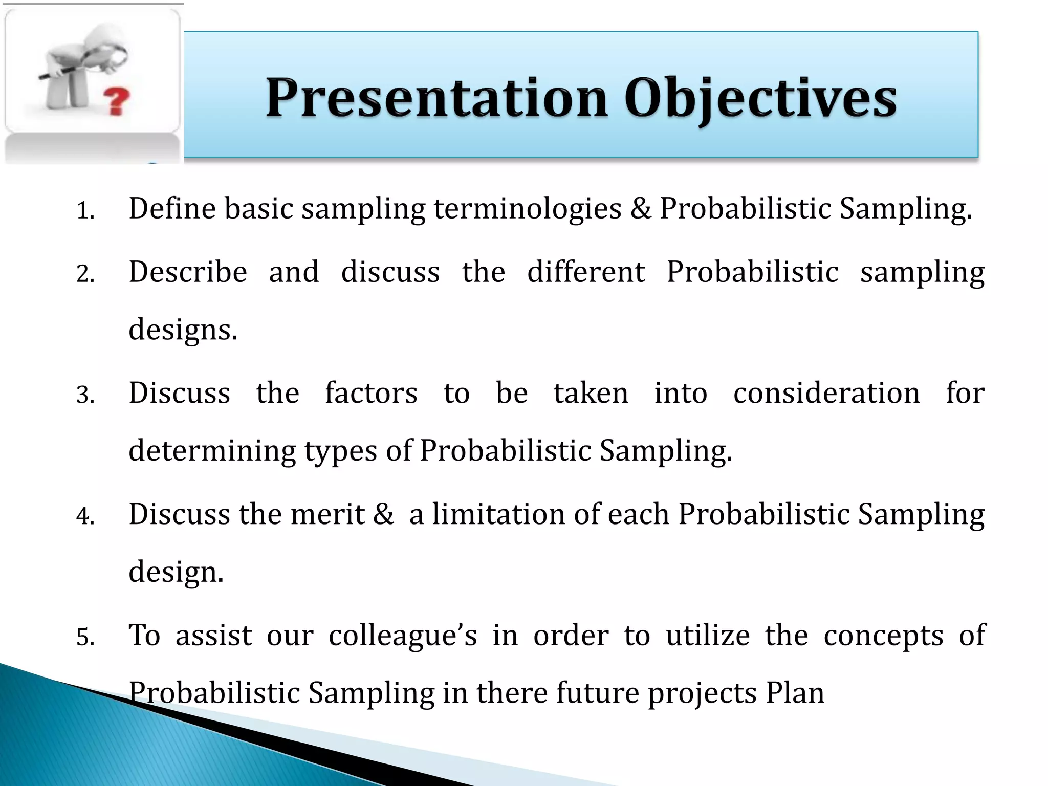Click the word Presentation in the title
(436, 99)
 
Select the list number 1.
(85, 211)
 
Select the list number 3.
(85, 396)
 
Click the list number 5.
(85, 638)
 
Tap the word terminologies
(528, 210)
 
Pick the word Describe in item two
(188, 272)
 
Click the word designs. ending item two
(183, 331)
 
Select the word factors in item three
(371, 393)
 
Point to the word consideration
(826, 393)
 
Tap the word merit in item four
(327, 514)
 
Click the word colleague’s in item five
(403, 636)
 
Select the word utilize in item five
(708, 636)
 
